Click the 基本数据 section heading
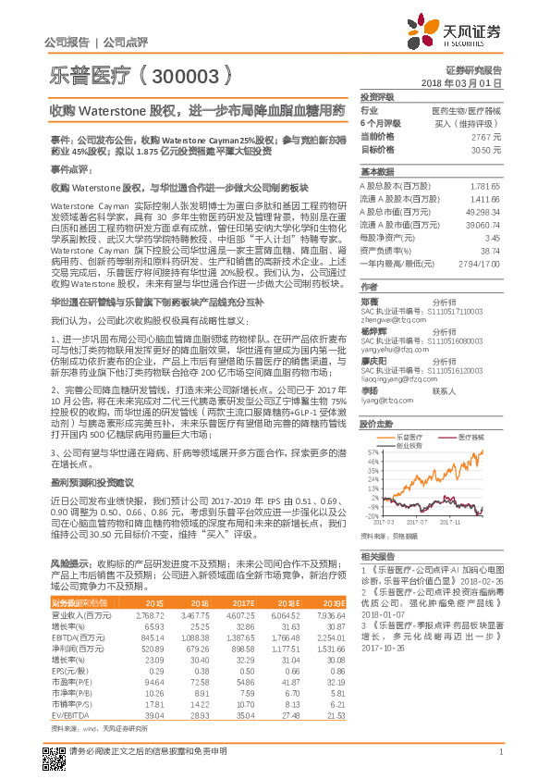click(376, 172)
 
